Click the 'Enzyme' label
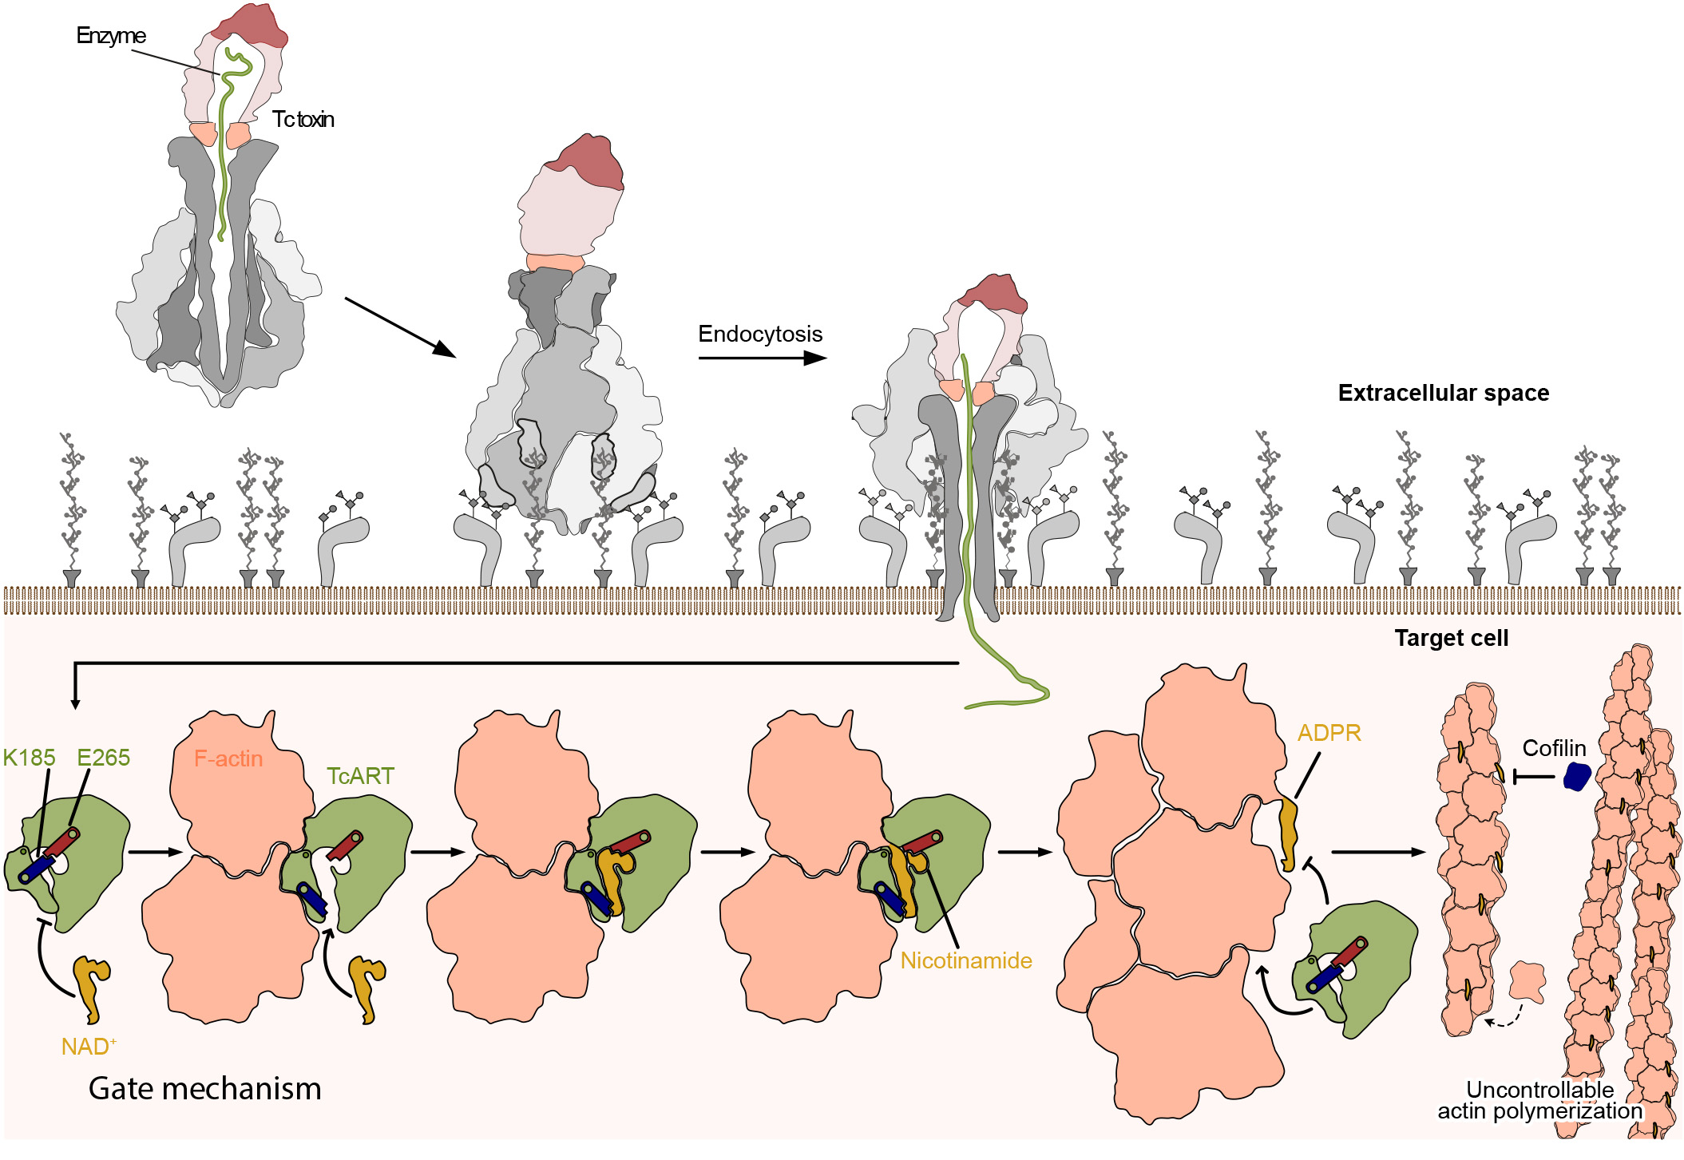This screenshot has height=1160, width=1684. click(111, 36)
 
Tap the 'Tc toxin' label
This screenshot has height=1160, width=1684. click(303, 120)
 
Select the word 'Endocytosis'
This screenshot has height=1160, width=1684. click(759, 334)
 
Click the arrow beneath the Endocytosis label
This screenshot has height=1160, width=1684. click(762, 358)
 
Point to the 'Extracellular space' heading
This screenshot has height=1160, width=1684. click(1443, 393)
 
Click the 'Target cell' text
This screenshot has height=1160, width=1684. click(1451, 638)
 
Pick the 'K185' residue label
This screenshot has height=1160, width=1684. click(29, 758)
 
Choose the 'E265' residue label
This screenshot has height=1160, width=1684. click(103, 758)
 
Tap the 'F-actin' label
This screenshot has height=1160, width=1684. click(228, 758)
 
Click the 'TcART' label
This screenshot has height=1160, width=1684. click(360, 776)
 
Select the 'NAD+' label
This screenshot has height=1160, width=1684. click(89, 1046)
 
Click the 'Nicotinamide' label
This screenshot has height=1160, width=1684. click(965, 960)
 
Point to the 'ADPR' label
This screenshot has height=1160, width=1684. click(1329, 733)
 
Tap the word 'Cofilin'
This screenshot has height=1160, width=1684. click(1553, 748)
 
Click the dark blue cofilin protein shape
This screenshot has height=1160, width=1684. click(1577, 776)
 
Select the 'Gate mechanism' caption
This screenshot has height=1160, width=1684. click(204, 1089)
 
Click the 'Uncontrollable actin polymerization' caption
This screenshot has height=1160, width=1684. click(1539, 1100)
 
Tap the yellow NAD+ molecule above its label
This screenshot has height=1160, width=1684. click(91, 986)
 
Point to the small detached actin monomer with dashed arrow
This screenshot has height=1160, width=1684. click(1527, 981)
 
